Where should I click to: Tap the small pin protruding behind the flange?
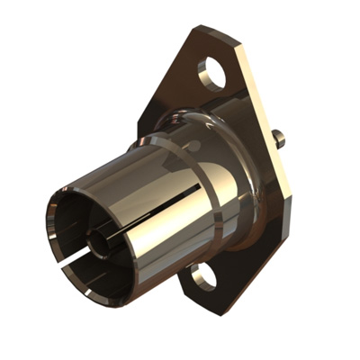click(x=277, y=139)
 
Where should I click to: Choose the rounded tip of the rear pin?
click(x=282, y=139)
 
